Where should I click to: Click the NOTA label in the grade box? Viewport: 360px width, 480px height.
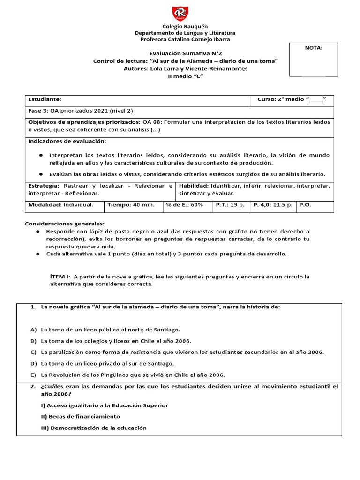coord(314,47)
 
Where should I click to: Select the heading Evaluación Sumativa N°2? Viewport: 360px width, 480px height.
coord(185,54)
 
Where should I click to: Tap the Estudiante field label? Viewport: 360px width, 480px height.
coord(45,99)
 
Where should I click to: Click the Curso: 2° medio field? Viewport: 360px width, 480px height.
coord(292,99)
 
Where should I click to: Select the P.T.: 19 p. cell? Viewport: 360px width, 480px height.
coord(230,205)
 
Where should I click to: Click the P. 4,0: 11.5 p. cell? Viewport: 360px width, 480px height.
coord(273,205)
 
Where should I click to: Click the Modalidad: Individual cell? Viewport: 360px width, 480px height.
coord(60,205)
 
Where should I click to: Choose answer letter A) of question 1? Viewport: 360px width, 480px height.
coord(33,330)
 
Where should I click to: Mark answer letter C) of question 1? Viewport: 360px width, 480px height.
coord(33,352)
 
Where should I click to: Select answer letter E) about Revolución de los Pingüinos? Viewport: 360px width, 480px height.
coord(33,375)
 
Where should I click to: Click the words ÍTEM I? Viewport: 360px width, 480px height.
coord(60,277)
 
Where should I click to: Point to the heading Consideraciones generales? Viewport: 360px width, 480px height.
coord(65,224)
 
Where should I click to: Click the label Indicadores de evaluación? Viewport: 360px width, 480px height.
coord(67,141)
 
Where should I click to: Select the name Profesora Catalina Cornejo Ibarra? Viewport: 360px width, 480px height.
coord(185,39)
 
